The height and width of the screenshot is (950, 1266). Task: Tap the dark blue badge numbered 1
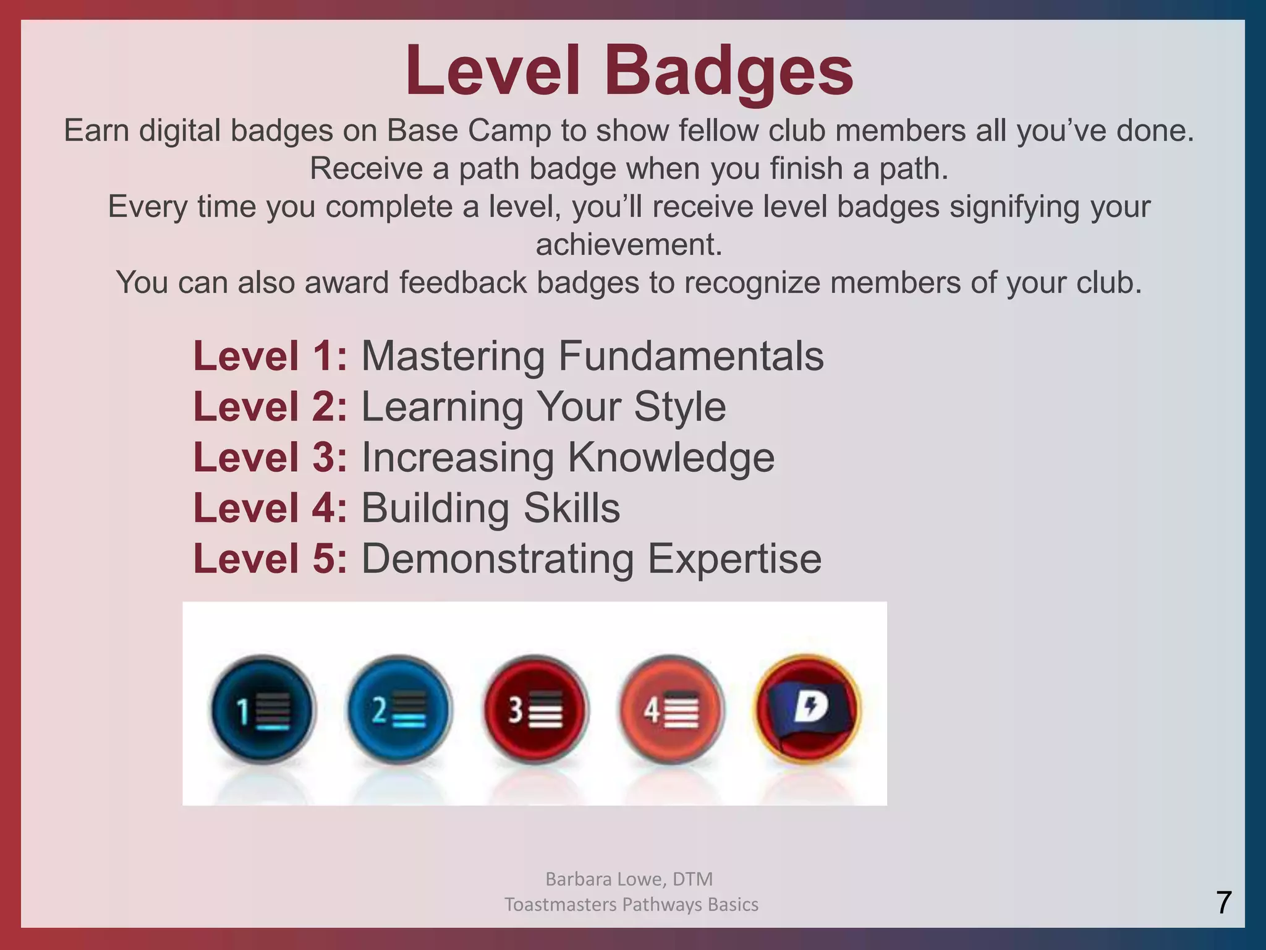point(263,709)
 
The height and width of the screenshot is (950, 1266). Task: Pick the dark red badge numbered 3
point(535,709)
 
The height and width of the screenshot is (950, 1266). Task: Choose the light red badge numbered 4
point(671,709)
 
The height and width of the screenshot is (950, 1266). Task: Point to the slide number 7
point(1223,902)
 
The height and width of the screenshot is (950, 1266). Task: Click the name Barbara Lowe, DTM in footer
point(629,878)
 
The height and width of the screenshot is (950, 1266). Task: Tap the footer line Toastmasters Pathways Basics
point(631,904)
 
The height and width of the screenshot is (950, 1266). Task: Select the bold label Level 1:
point(270,356)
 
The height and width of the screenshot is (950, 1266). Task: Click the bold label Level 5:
point(270,558)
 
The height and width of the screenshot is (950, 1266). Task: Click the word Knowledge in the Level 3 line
point(671,458)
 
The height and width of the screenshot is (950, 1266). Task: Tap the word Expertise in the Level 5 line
point(734,558)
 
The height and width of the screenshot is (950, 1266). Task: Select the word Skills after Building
point(571,508)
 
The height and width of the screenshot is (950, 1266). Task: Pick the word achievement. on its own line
point(629,244)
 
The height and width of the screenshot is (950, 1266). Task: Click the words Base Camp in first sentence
point(469,131)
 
